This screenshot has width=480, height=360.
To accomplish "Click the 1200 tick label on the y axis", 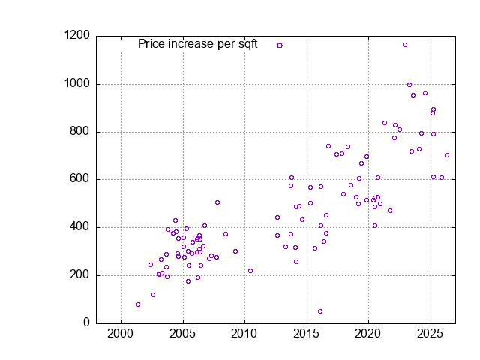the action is coord(76,35).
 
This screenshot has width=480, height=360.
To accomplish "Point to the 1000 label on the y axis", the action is coord(76,83).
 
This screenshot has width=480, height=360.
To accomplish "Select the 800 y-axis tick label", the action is coord(79,131).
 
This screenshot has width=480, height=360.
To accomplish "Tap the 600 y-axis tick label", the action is coord(79,178).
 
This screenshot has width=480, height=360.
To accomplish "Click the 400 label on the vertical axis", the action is coord(79,226).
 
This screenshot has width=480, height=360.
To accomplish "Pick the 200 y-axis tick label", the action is coord(79,274).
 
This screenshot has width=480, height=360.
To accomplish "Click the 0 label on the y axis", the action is coord(87,322).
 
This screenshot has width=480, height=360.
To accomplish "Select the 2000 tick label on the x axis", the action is coord(120,334).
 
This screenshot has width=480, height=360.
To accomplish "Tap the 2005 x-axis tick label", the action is coord(182,334).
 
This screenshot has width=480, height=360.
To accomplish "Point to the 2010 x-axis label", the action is coord(244,334).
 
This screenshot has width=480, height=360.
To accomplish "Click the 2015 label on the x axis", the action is coord(306,334).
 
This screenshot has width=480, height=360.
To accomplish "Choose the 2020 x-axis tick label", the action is coord(367,334).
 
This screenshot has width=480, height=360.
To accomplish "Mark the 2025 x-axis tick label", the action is coord(430,334).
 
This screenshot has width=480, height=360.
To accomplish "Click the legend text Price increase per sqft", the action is coord(198,44).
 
